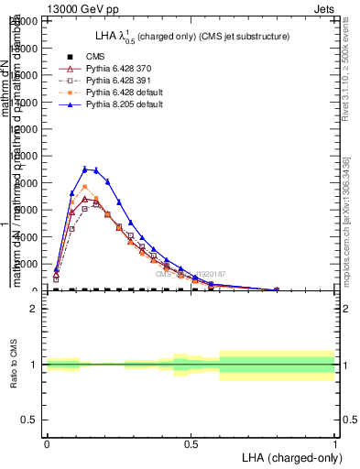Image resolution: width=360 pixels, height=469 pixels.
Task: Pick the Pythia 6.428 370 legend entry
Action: pos(118,69)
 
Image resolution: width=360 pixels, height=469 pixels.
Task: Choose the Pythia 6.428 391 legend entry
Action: pos(118,81)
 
